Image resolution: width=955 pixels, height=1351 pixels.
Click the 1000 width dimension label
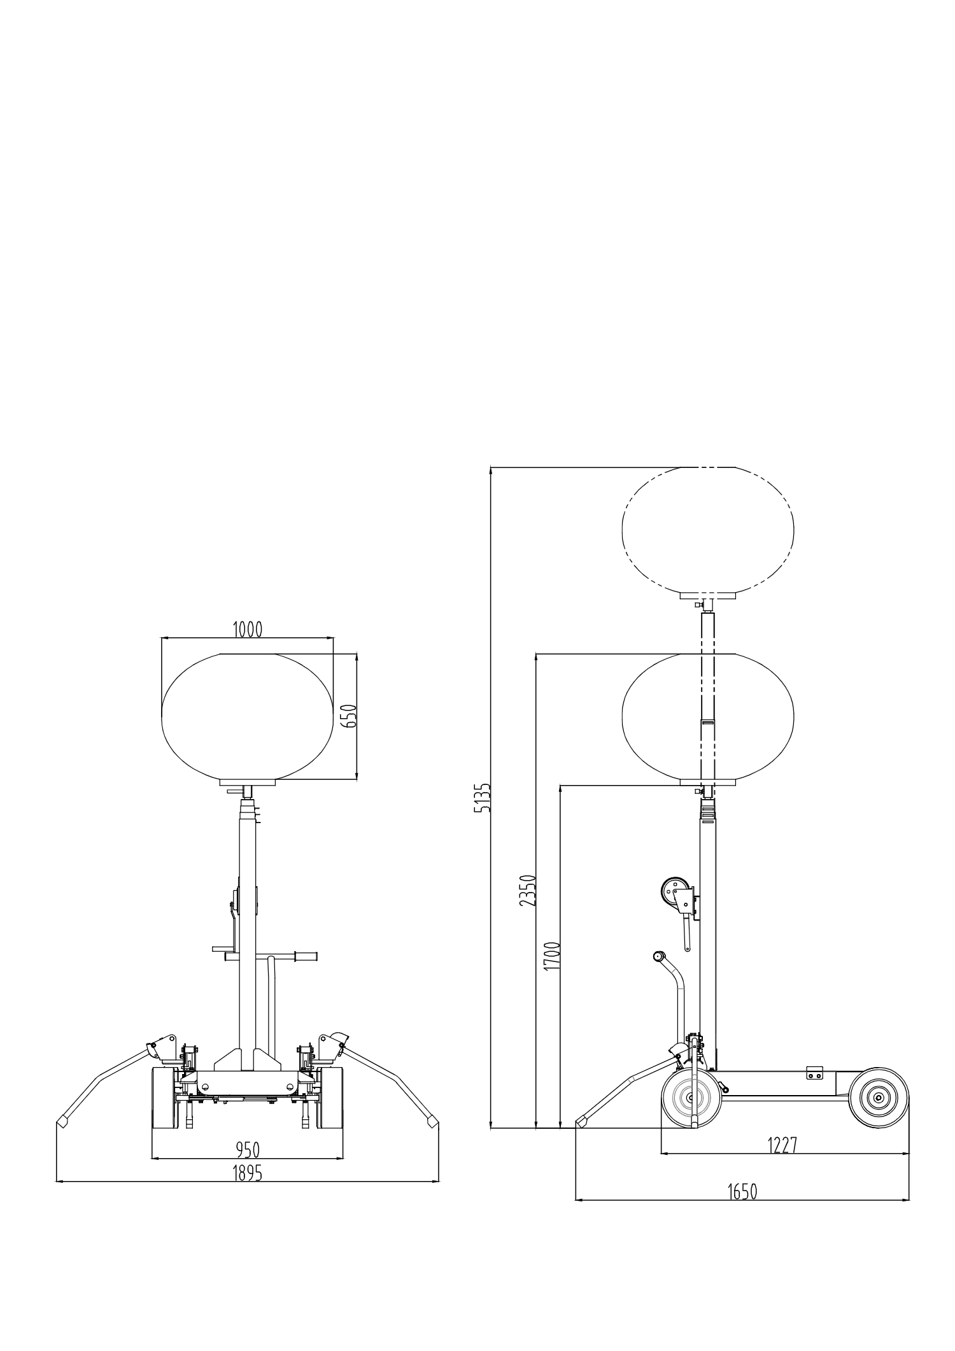(x=247, y=630)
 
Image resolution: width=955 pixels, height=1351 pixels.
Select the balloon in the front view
(x=247, y=716)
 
